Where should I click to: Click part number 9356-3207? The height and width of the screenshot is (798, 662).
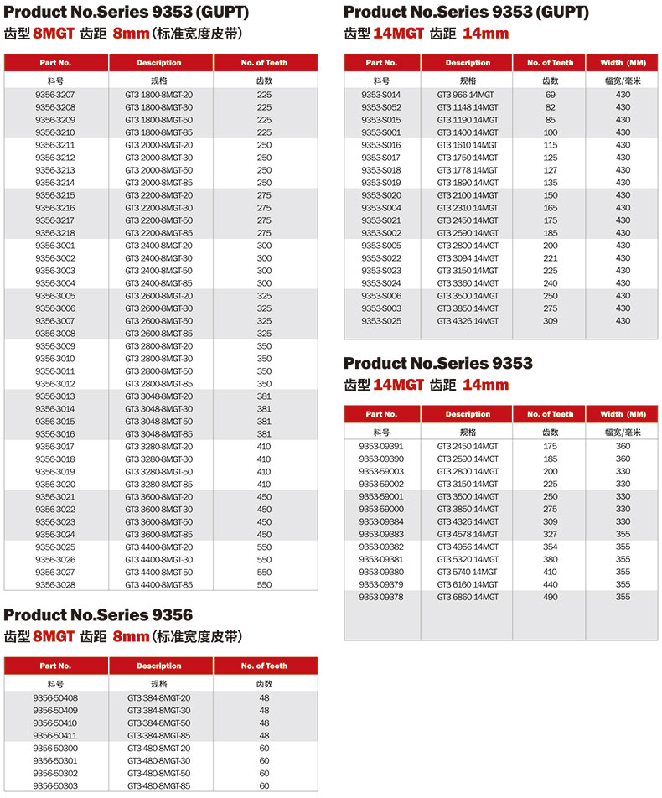point(55,95)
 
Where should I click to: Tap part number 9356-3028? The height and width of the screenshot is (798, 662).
point(55,584)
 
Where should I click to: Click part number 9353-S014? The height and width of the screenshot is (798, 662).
point(381,95)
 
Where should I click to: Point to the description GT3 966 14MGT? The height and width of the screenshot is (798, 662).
point(468,95)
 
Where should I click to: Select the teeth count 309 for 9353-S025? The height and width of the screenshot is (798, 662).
point(551,321)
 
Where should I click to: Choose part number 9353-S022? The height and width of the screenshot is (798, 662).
point(381,258)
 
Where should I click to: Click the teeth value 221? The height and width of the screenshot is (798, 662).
point(551,258)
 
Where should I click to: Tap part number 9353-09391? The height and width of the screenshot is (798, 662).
point(381,446)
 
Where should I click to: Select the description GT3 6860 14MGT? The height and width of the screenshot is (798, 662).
point(468,597)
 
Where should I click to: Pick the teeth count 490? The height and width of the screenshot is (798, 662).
point(551,597)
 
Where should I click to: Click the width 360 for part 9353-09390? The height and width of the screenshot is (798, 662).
point(623,459)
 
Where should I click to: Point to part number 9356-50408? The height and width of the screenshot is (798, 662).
point(55,697)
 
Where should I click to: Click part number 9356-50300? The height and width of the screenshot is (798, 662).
point(55,748)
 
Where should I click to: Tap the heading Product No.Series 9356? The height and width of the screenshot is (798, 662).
point(98,615)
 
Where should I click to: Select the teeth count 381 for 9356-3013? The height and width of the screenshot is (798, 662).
point(264,396)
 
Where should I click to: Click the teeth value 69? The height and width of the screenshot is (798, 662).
point(551,95)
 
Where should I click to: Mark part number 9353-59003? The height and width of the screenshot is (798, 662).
point(381,471)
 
